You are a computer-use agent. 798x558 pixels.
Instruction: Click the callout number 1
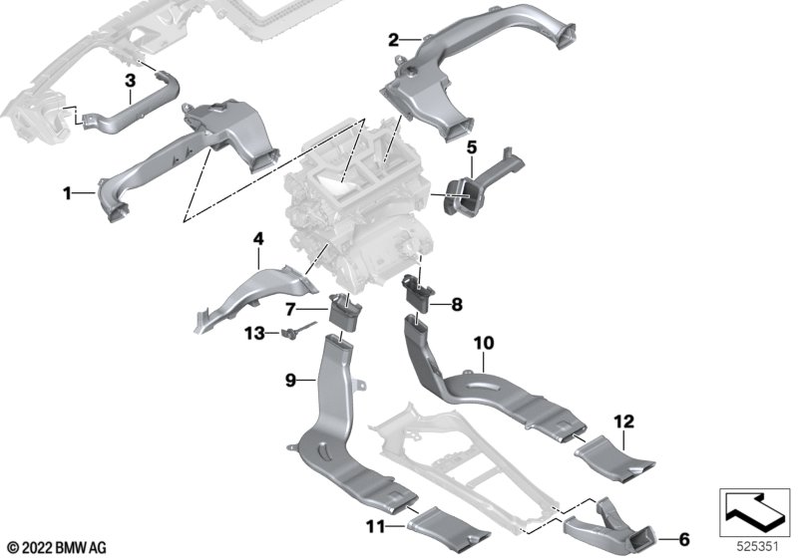pos(67,193)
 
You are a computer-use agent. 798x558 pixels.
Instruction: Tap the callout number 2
pos(393,40)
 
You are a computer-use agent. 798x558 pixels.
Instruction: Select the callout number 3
pos(131,81)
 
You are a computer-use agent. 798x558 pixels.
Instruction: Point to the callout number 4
pos(258,238)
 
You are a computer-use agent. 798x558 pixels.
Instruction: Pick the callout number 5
pos(472,147)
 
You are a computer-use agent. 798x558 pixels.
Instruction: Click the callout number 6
pos(684,539)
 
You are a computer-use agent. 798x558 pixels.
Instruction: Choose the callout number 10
pos(484,343)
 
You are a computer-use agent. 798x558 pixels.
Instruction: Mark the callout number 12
pos(624,421)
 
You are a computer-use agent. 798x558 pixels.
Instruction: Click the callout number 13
pos(255,334)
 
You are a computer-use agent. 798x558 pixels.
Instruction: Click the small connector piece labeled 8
pos(419,292)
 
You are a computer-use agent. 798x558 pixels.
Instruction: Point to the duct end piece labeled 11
pos(448,529)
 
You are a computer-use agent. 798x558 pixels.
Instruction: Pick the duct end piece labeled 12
pos(613,459)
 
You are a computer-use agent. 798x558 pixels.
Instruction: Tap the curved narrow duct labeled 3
pos(129,109)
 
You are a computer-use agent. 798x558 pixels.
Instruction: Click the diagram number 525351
pos(758,547)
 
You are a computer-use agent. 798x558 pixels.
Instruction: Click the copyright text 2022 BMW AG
pos(58,548)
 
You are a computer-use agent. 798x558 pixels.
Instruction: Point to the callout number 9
pos(290,380)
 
